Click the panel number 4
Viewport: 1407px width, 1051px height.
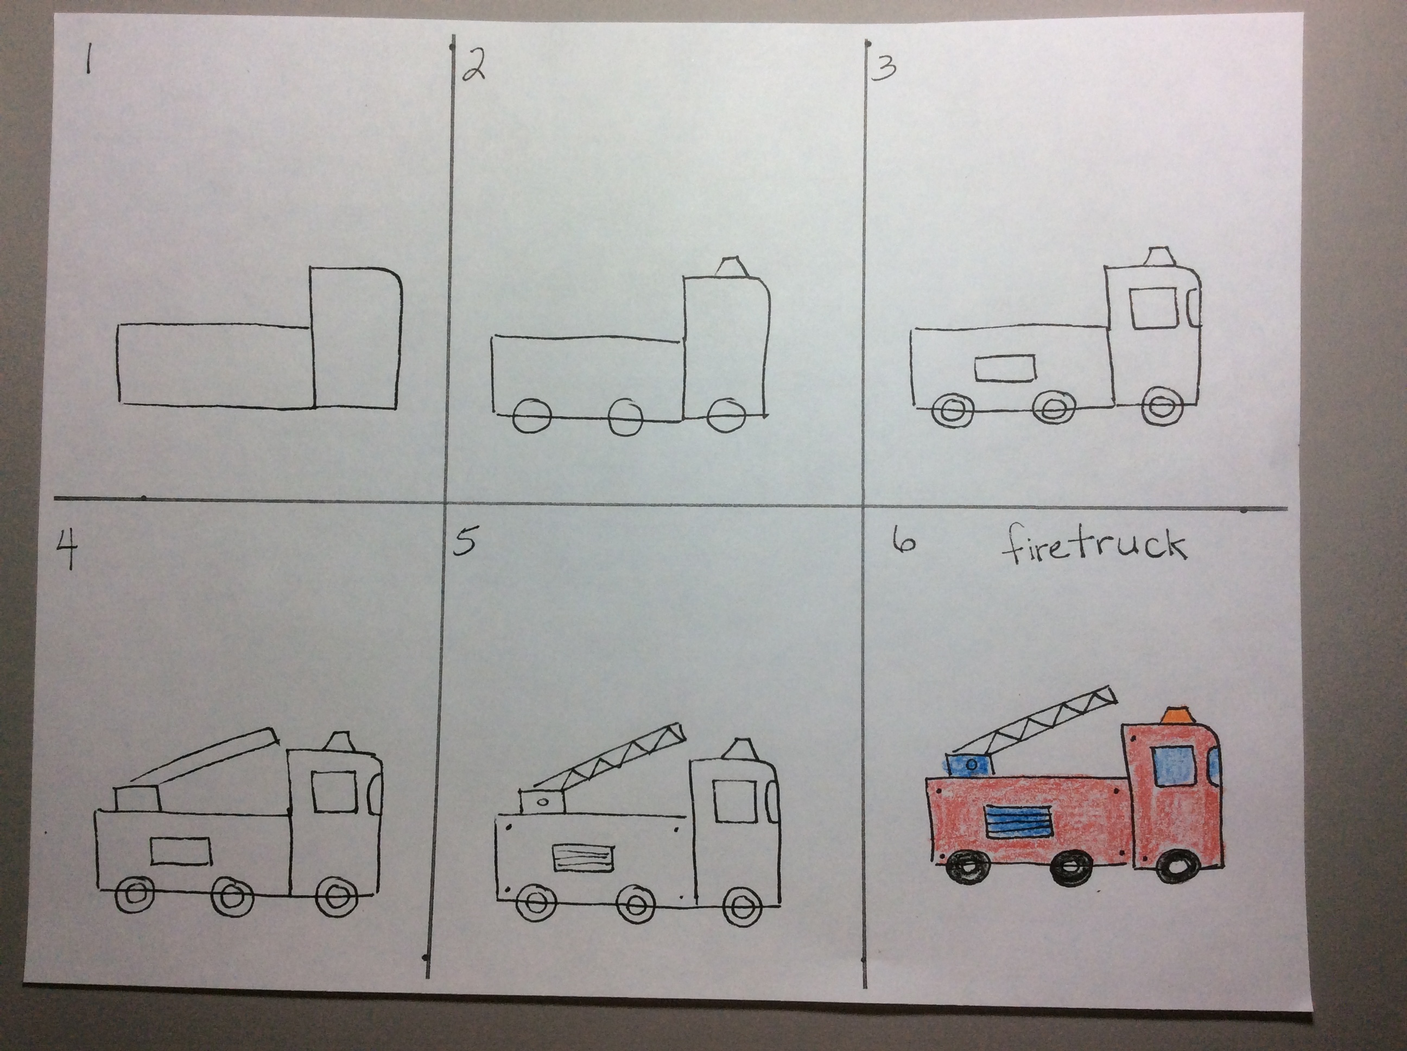click(x=66, y=550)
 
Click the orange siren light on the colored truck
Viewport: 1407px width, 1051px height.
click(x=1177, y=715)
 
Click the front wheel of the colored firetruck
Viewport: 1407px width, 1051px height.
click(x=1178, y=866)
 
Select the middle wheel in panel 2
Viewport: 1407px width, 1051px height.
click(x=625, y=417)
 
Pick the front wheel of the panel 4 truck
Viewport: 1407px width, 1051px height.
click(x=333, y=896)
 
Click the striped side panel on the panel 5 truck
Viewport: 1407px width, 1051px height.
click(x=584, y=858)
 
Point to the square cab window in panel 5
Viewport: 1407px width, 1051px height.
click(x=734, y=802)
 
